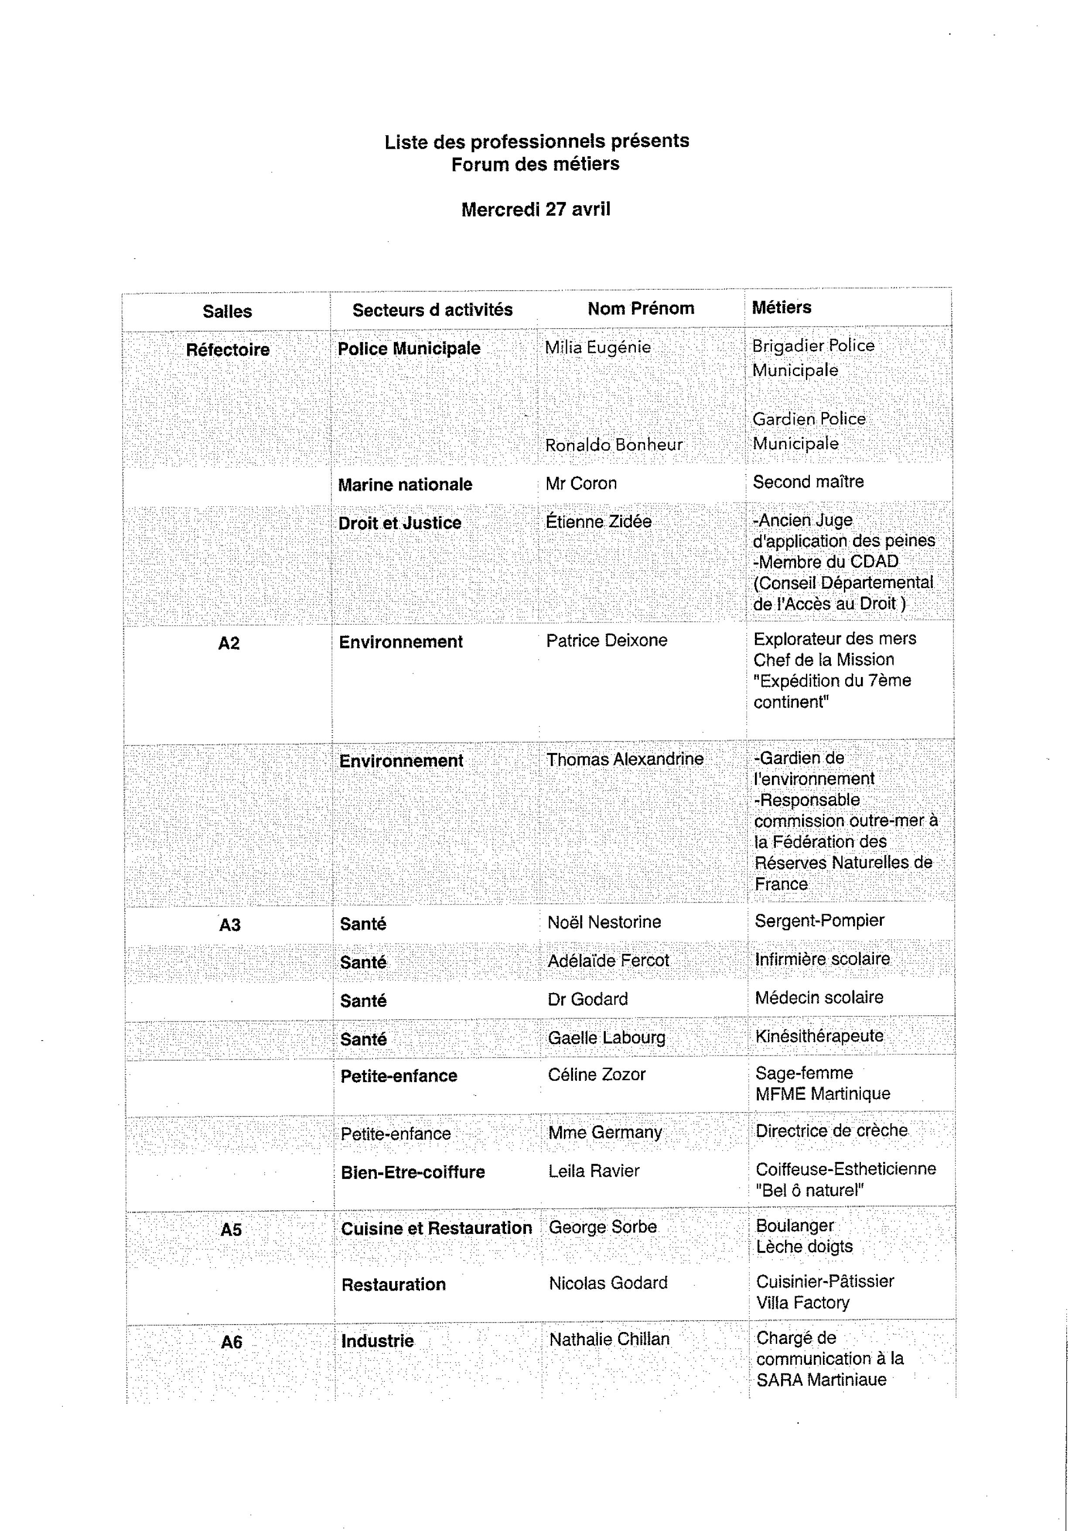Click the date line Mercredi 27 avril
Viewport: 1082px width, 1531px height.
tap(536, 209)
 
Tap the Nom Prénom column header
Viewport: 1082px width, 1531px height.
tap(641, 308)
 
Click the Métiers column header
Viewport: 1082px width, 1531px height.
tap(782, 308)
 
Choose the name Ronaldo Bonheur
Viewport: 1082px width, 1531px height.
tap(613, 445)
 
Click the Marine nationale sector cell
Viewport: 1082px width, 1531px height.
tap(405, 485)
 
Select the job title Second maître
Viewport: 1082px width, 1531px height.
tap(808, 481)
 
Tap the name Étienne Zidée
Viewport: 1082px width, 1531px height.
tap(598, 521)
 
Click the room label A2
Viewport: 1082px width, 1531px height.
tap(229, 644)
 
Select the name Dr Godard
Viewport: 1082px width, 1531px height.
tap(587, 999)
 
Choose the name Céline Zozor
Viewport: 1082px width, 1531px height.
tap(597, 1074)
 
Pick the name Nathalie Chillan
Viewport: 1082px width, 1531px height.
tap(609, 1339)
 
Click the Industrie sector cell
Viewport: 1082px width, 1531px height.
tap(377, 1341)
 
